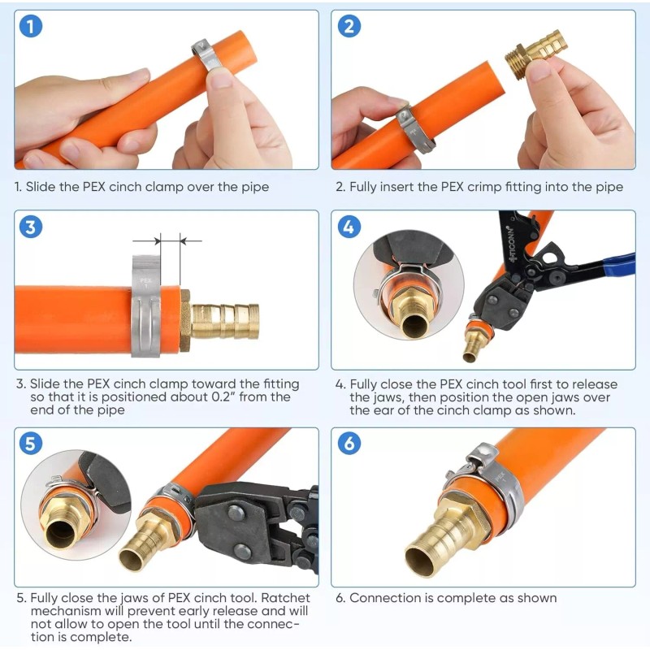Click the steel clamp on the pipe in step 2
(x=411, y=122)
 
